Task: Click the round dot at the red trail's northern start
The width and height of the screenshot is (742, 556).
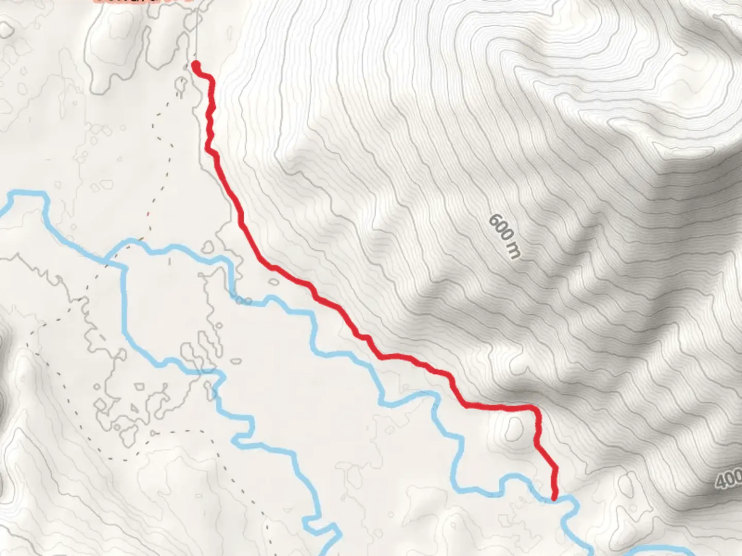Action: pos(196,65)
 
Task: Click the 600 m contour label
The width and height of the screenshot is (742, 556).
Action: pos(504,236)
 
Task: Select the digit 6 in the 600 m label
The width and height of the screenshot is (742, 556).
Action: pos(494,221)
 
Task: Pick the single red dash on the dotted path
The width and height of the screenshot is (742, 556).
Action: pos(148,213)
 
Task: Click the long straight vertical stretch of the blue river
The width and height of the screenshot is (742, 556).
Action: pos(124,304)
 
